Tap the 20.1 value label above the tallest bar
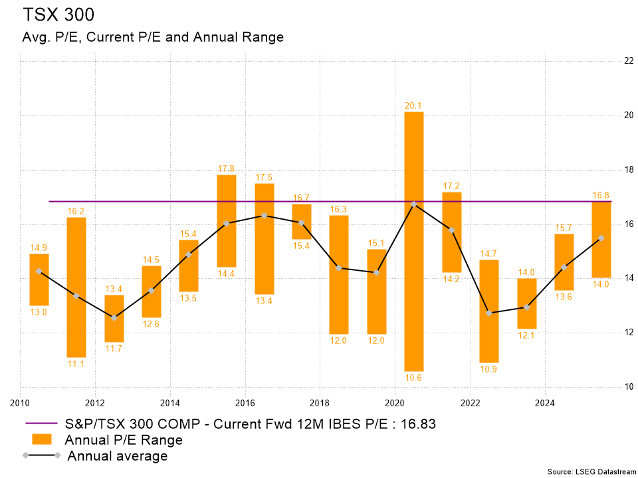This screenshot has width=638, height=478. pyautogui.click(x=414, y=106)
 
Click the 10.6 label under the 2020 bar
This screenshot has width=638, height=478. pyautogui.click(x=414, y=378)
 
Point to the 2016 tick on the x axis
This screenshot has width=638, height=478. pyautogui.click(x=245, y=402)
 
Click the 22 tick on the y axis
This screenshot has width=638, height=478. pyautogui.click(x=627, y=61)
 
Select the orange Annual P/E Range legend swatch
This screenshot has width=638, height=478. pyautogui.click(x=41, y=439)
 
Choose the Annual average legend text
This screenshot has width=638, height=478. pyautogui.click(x=118, y=456)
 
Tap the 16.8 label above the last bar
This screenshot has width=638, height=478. pyautogui.click(x=601, y=195)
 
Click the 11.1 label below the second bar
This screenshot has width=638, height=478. pyautogui.click(x=76, y=364)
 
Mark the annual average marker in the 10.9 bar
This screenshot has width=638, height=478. pyautogui.click(x=489, y=313)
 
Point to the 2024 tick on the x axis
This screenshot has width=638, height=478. pyautogui.click(x=545, y=402)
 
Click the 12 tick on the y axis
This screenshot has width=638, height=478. pyautogui.click(x=627, y=332)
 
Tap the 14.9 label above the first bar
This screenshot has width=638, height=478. pyautogui.click(x=39, y=248)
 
